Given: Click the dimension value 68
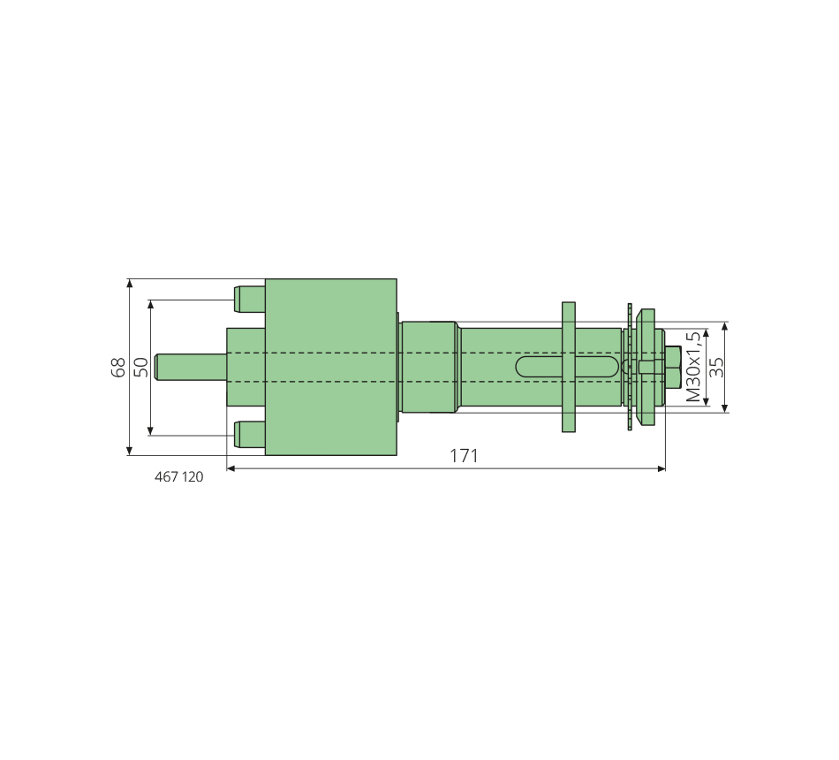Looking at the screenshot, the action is click(118, 368).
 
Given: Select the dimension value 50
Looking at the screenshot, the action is click(140, 368).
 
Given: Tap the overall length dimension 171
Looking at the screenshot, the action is click(464, 456).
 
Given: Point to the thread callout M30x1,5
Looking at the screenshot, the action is click(693, 367).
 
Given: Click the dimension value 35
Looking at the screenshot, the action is click(716, 368).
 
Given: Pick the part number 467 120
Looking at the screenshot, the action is click(178, 476).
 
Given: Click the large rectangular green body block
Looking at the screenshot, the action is click(331, 367).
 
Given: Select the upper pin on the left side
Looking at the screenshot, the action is click(249, 300).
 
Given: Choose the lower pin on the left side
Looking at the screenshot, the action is click(249, 435).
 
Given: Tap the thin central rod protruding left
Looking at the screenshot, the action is click(191, 367).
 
